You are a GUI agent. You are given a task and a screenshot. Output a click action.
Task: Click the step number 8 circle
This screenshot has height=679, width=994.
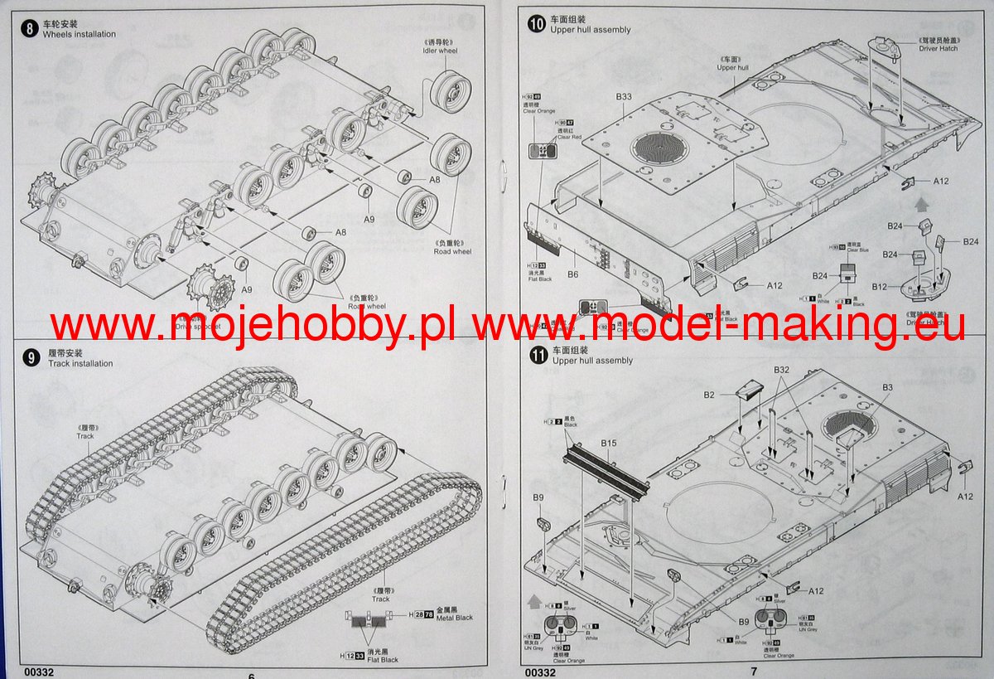[x=31, y=28]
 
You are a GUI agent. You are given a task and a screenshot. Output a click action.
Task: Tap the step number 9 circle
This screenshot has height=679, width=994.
[x=31, y=357]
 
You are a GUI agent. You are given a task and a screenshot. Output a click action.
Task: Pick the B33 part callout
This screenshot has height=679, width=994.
[x=624, y=97]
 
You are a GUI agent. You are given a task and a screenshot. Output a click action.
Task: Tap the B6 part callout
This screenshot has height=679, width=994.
[x=572, y=274]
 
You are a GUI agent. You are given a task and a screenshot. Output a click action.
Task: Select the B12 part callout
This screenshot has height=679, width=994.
[x=879, y=287]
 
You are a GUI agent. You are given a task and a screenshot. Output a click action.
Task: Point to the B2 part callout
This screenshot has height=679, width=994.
[x=709, y=395]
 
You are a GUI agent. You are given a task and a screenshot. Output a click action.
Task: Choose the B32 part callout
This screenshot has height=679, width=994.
[x=782, y=369]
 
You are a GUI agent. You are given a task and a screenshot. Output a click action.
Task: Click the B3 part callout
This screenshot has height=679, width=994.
[x=887, y=387]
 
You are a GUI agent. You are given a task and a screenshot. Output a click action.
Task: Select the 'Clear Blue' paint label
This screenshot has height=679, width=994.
[x=856, y=251]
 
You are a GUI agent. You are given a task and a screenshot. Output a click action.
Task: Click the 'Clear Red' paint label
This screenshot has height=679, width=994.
[x=569, y=136]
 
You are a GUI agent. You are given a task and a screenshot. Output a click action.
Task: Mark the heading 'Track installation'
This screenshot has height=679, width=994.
[x=80, y=363]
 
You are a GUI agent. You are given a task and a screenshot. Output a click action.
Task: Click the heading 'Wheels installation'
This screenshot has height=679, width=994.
[x=80, y=34]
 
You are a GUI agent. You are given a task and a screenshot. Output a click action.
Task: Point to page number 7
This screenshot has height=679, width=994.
[x=754, y=671]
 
